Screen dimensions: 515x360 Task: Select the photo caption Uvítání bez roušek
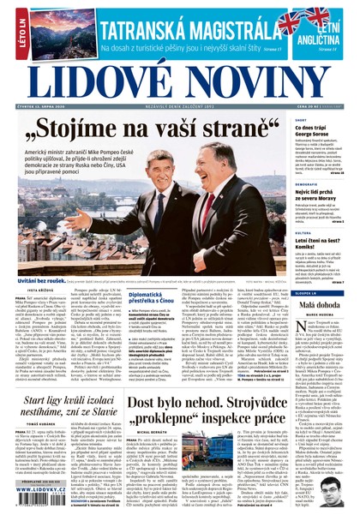click(x=42, y=278)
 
